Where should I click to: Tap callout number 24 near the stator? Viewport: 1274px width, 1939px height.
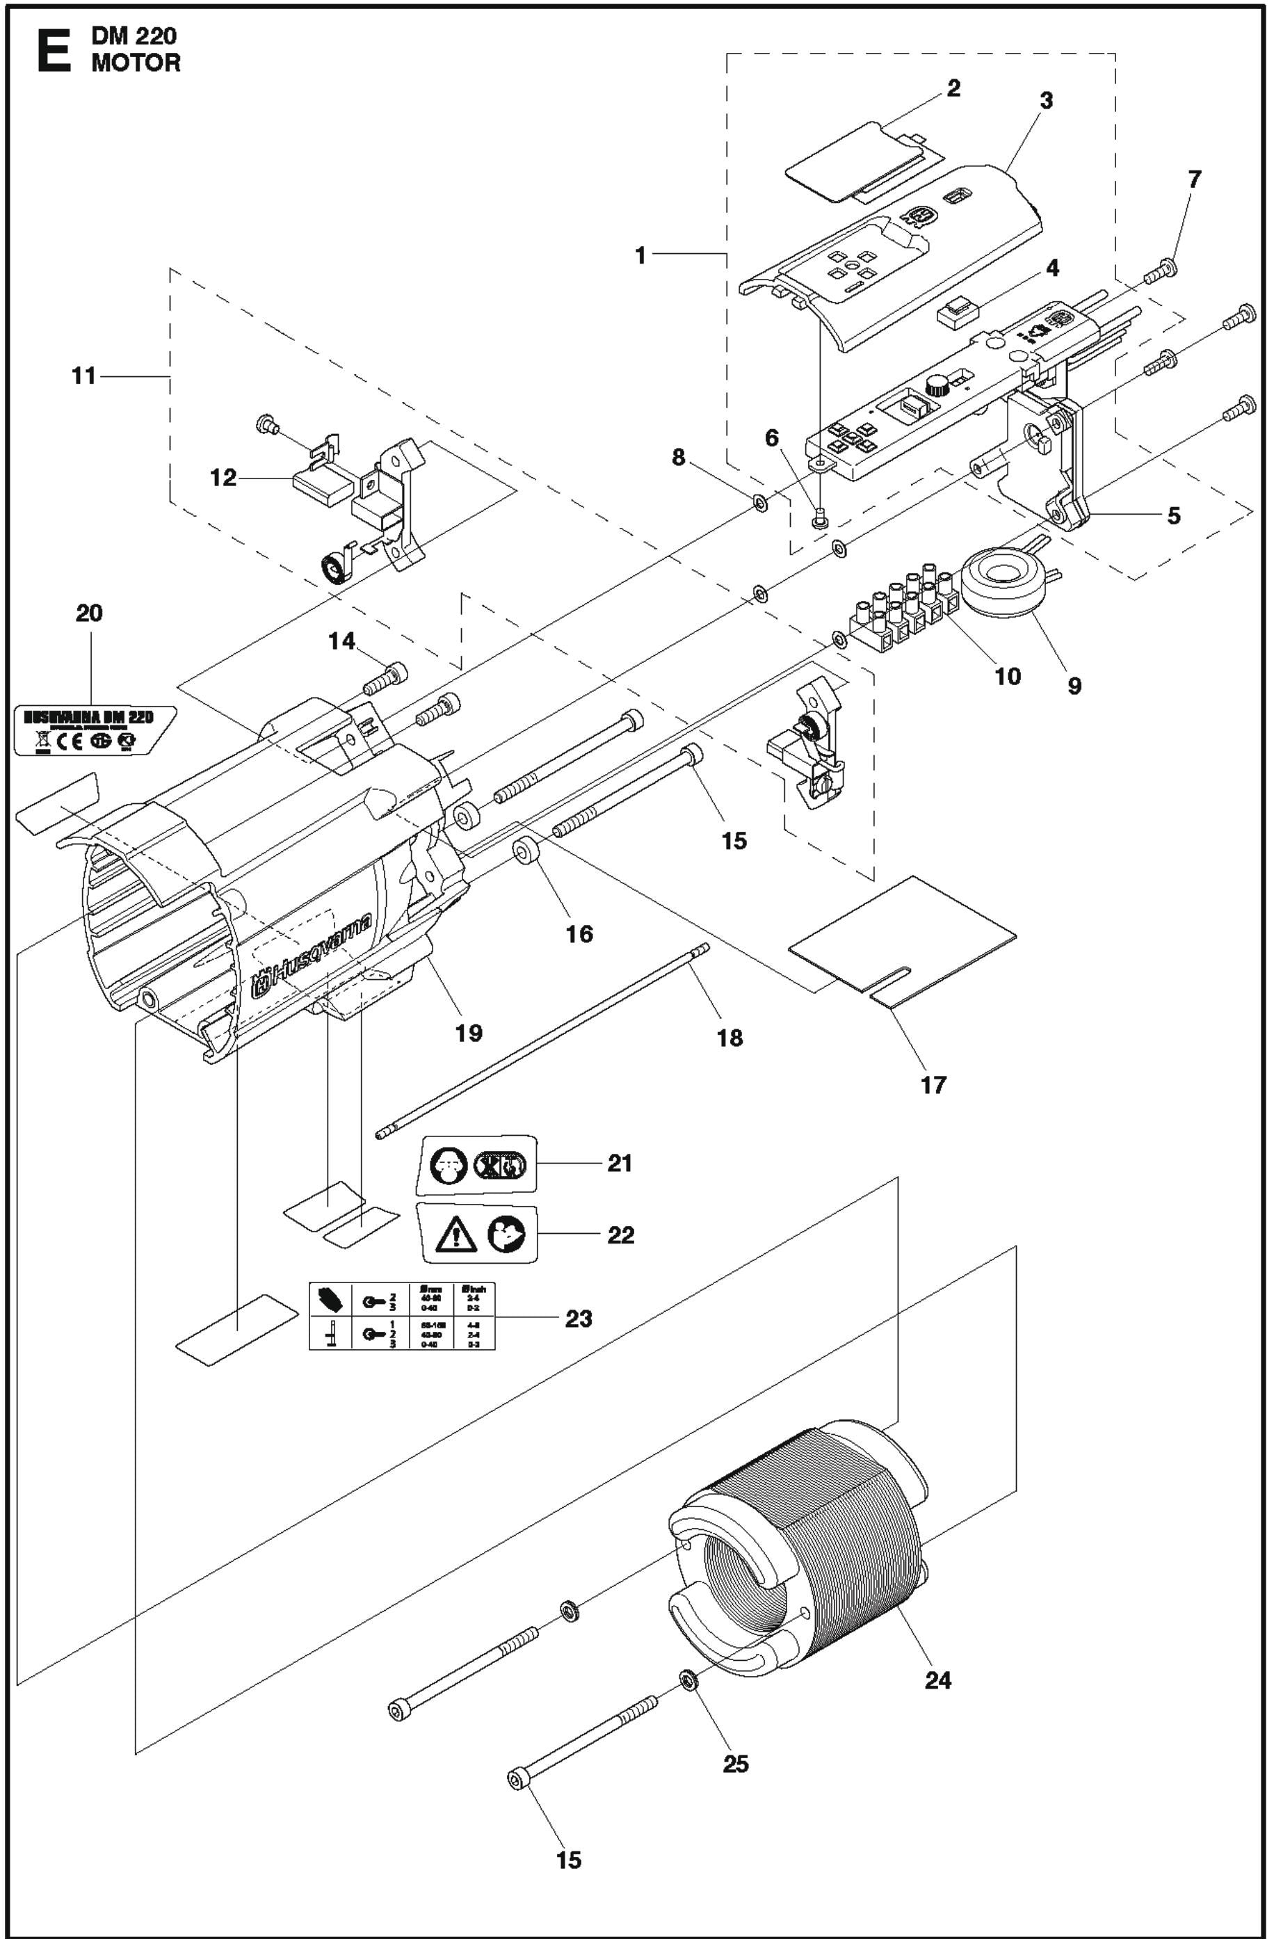pyautogui.click(x=937, y=1680)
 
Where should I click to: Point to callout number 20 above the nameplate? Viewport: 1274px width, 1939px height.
pyautogui.click(x=90, y=613)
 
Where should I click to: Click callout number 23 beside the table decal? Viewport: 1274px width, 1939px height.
pyautogui.click(x=579, y=1318)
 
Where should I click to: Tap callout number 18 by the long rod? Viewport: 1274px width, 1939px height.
pyautogui.click(x=730, y=1037)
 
